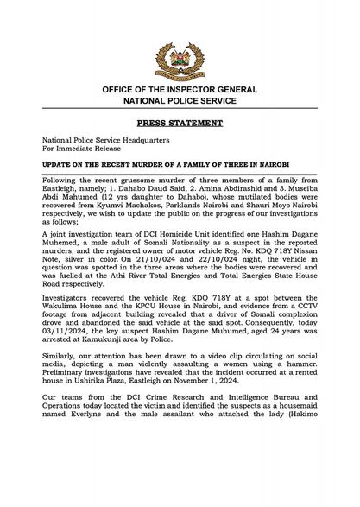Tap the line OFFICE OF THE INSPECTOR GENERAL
point(180,90)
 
